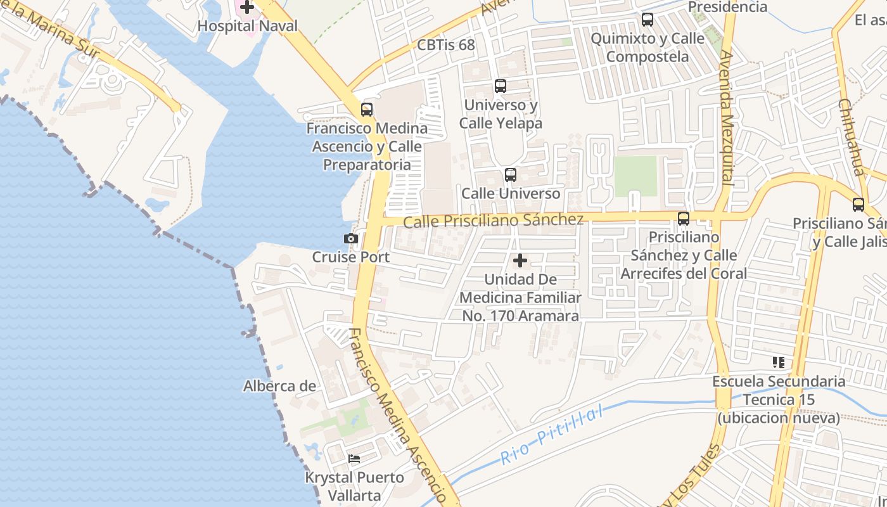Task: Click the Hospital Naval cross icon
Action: [246, 8]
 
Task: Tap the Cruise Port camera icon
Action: [350, 239]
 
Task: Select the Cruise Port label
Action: [350, 257]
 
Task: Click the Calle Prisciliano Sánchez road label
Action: [493, 221]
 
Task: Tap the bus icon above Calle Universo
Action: [510, 175]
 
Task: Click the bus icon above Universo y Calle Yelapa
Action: [500, 86]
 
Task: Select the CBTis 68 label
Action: [445, 45]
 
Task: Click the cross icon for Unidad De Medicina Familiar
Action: [520, 260]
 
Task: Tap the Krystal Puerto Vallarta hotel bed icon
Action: [354, 459]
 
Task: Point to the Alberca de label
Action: [279, 386]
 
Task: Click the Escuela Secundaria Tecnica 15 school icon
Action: [778, 363]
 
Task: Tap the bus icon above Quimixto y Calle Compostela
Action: [647, 20]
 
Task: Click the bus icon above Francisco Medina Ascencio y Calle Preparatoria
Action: [367, 110]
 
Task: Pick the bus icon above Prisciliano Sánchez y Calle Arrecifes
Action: [683, 219]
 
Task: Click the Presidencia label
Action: [727, 7]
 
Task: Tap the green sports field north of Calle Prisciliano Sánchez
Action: [635, 176]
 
